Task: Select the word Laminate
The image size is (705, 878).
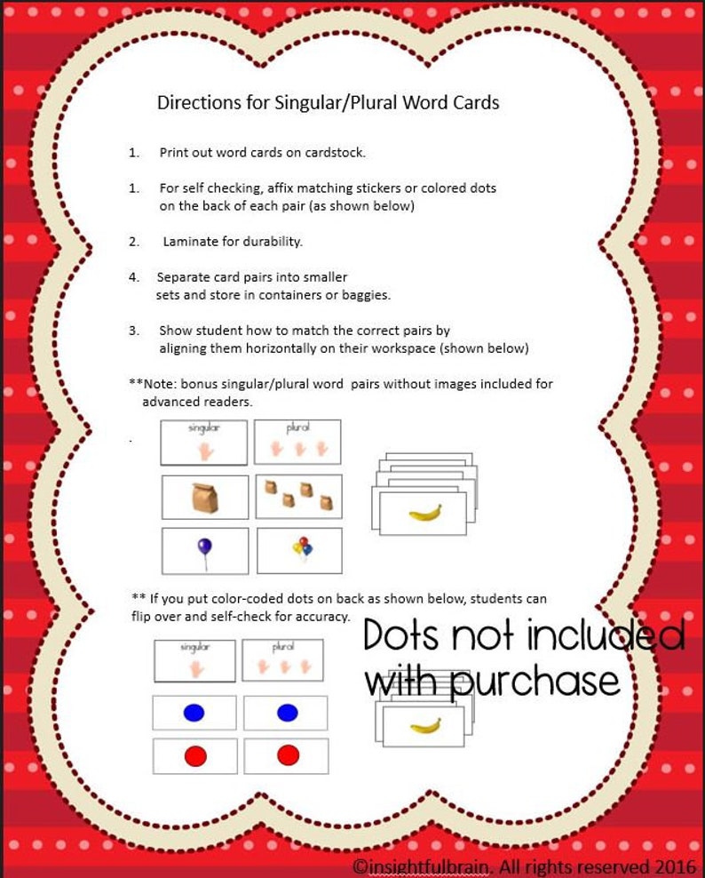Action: coord(193,242)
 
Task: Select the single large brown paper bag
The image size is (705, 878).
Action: coord(205,498)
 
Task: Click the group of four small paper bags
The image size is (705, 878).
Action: coord(297,496)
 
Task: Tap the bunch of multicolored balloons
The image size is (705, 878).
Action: coord(303,548)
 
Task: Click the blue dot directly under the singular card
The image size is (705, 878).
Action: coord(194,713)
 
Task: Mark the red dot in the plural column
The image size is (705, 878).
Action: coord(288,755)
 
